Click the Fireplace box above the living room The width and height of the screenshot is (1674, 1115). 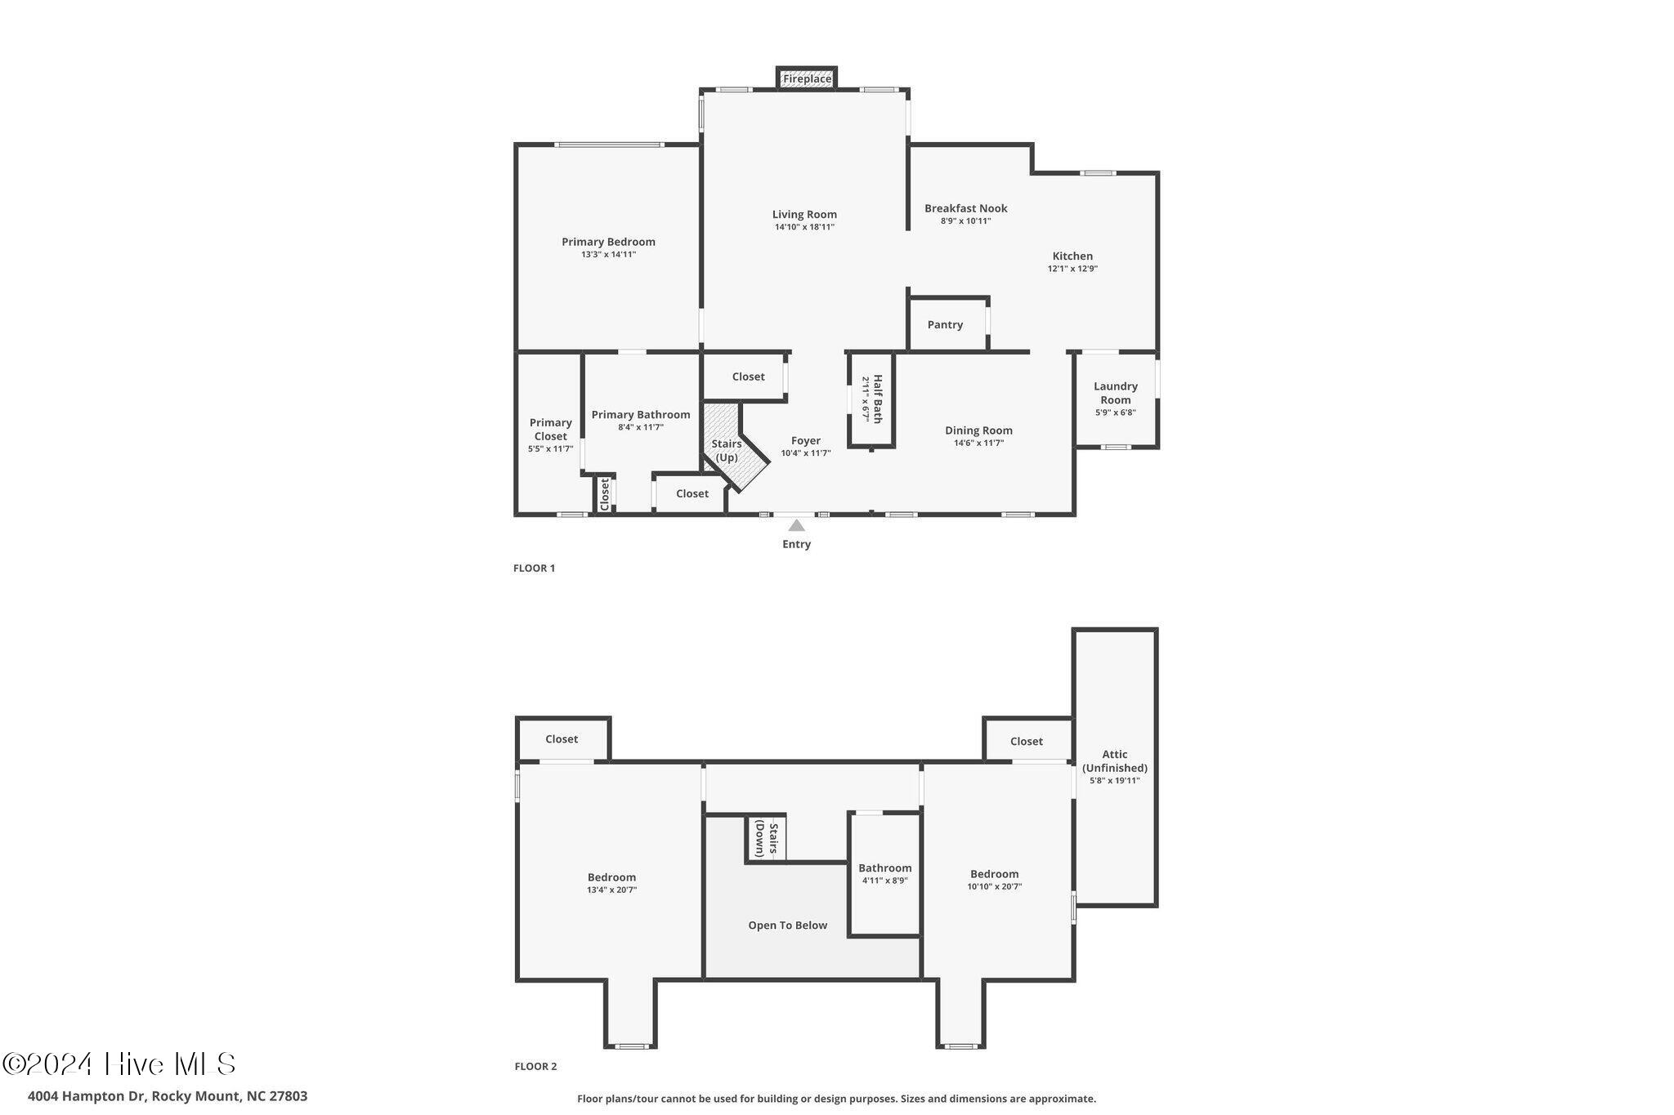[807, 78]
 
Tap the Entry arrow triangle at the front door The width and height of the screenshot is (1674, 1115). [796, 526]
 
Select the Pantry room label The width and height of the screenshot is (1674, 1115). [945, 325]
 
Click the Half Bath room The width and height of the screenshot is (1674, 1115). [871, 399]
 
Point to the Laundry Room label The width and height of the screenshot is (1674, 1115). [1116, 393]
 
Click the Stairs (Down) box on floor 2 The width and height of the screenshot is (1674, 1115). [766, 837]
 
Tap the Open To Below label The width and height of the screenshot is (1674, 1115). [788, 925]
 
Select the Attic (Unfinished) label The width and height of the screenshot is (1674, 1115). [1115, 761]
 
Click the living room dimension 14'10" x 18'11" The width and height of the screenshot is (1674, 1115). [804, 227]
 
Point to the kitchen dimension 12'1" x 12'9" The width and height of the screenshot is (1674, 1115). [1072, 269]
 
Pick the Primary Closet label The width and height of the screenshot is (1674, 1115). [550, 430]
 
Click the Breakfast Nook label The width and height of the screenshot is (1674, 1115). [966, 208]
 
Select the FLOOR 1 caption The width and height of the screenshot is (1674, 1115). [534, 569]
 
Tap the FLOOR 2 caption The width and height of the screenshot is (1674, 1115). [535, 1066]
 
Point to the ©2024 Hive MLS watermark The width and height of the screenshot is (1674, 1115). [119, 1064]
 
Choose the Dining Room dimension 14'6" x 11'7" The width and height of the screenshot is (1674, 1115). [978, 444]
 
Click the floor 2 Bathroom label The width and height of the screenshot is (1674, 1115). [884, 868]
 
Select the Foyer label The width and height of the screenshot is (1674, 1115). [806, 441]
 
